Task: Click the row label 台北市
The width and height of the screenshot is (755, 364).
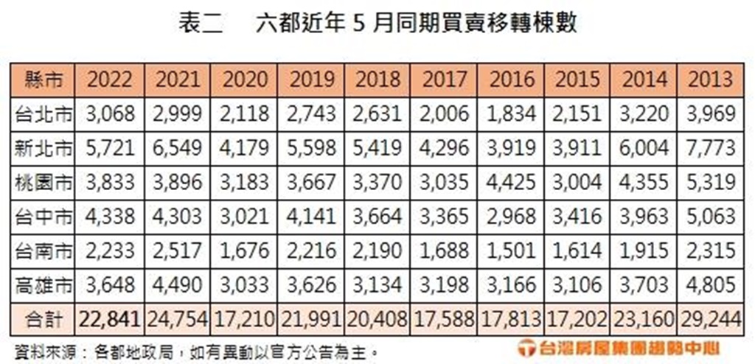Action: (44, 114)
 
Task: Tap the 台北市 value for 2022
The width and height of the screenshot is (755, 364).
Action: (111, 114)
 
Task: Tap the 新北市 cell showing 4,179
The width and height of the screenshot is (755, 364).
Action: (244, 148)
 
